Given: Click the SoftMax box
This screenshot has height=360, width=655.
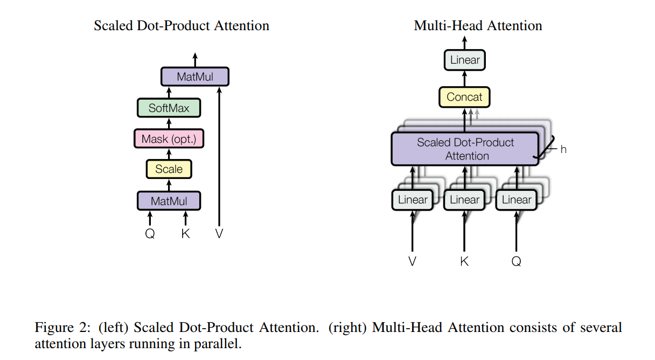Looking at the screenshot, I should [169, 108].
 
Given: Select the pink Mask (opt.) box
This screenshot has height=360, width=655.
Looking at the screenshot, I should [169, 139].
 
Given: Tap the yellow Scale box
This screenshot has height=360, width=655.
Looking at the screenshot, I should [169, 169].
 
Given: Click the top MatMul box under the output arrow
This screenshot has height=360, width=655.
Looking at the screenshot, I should [195, 77].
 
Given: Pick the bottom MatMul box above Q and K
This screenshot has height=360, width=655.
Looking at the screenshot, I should [169, 201].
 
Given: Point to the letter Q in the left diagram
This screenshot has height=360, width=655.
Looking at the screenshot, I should [150, 234].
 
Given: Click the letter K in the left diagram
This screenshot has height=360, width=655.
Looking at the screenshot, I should [186, 234].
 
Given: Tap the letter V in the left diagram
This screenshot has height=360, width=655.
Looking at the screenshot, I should [219, 234].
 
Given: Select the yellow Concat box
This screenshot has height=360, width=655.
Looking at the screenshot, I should [465, 97].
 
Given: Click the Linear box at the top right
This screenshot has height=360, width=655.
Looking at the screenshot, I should [465, 60].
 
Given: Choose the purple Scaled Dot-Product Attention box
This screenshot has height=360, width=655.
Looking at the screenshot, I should [465, 149].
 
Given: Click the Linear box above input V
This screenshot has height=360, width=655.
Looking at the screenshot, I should [413, 200].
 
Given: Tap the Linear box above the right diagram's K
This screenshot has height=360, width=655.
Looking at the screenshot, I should [464, 200].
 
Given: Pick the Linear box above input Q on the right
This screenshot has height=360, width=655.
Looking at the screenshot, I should [516, 200].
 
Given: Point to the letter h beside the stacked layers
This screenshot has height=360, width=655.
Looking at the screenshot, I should [563, 149].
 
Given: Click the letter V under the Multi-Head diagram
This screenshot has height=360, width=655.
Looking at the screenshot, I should [413, 262].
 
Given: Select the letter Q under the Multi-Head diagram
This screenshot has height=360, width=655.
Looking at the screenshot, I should [517, 262].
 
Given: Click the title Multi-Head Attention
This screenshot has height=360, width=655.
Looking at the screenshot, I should [478, 25].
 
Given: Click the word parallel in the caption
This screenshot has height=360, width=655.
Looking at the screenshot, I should [221, 344].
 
